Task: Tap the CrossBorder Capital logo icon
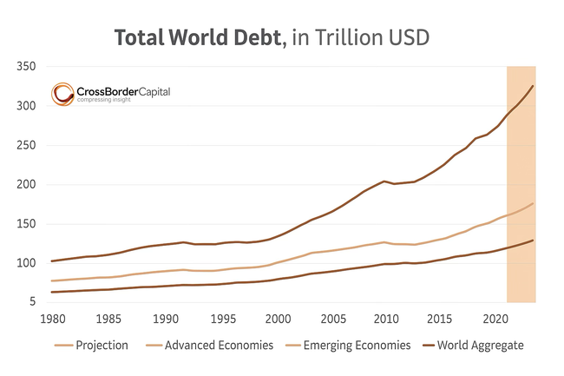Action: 62,94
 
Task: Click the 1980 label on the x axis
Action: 53,318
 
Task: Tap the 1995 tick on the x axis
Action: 224,318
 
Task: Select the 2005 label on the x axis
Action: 334,318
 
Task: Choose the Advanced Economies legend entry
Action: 220,346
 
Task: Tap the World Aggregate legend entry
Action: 479,346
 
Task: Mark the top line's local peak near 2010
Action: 384,181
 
